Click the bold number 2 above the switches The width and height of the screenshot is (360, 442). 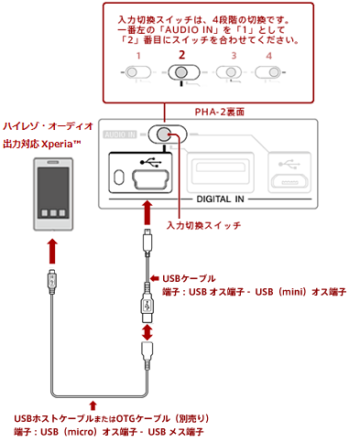[x=182, y=55]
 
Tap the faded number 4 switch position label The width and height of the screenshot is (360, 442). [x=268, y=56]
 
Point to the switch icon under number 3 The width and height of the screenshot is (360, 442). [x=229, y=72]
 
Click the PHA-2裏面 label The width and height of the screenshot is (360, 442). [x=220, y=112]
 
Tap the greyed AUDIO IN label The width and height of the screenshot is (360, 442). [x=120, y=135]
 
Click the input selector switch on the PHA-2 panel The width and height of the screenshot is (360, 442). [x=168, y=134]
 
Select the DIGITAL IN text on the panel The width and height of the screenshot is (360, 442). [x=220, y=199]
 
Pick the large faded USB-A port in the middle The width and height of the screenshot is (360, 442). [x=220, y=172]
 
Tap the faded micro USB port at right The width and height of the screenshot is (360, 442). [x=289, y=181]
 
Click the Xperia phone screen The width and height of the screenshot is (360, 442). [x=53, y=193]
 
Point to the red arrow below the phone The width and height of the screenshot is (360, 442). [x=52, y=251]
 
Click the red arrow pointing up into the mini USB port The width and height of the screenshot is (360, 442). [x=147, y=212]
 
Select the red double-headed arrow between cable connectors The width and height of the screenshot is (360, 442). [x=147, y=332]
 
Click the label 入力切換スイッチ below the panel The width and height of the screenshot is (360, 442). [x=203, y=225]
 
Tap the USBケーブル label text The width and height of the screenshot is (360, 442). [x=189, y=278]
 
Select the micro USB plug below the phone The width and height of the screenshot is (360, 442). [x=52, y=281]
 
